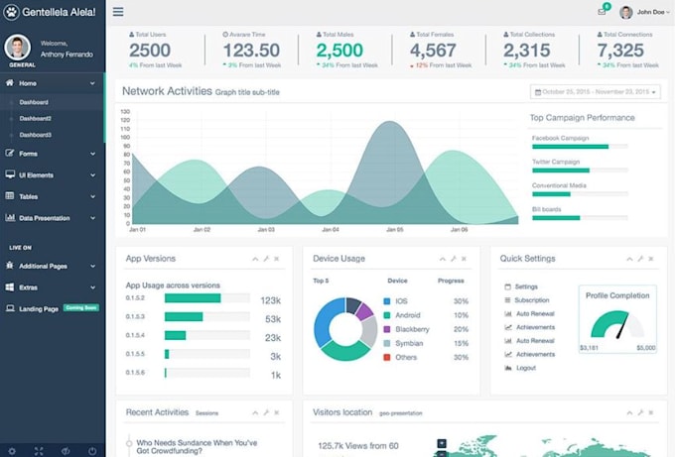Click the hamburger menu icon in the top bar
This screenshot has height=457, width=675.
point(118,12)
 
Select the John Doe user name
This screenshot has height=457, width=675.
point(650,12)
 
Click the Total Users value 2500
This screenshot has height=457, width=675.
point(150,51)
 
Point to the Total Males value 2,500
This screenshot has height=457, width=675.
point(339,51)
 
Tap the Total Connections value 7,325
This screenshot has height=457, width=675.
point(621,51)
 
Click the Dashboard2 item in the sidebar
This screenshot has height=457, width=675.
point(36,118)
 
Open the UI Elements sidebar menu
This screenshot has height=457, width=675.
point(37,174)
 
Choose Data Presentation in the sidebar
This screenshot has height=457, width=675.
point(45,218)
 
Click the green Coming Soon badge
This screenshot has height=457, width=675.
point(81,308)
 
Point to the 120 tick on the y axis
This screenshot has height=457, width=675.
point(125,111)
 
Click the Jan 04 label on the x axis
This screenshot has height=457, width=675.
point(330,230)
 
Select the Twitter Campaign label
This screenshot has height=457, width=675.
point(556,162)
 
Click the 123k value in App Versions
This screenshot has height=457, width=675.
point(271,299)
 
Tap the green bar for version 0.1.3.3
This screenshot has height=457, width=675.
point(184,317)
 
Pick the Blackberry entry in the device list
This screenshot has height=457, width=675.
point(412,328)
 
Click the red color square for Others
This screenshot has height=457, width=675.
point(386,357)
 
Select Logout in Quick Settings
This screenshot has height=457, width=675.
point(525,368)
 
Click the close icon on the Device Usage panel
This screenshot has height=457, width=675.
point(464,259)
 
